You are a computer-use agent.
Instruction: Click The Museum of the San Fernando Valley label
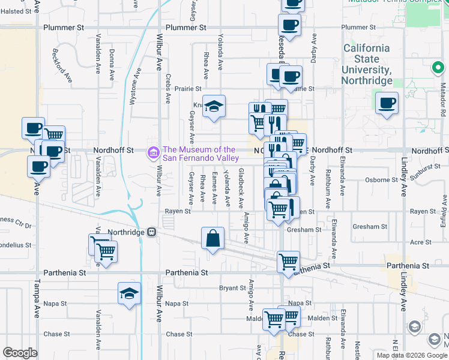pos(199,154)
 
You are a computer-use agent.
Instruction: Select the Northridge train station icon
pos(152,232)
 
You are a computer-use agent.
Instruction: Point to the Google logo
pos(20,353)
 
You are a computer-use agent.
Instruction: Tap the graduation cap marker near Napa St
pos(130,293)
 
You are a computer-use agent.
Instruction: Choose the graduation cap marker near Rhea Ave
pos(213,107)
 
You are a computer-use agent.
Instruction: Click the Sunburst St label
pos(427,173)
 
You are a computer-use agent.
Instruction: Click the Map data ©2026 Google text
pos(411,355)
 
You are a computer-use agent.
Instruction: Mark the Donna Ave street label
pos(112,66)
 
